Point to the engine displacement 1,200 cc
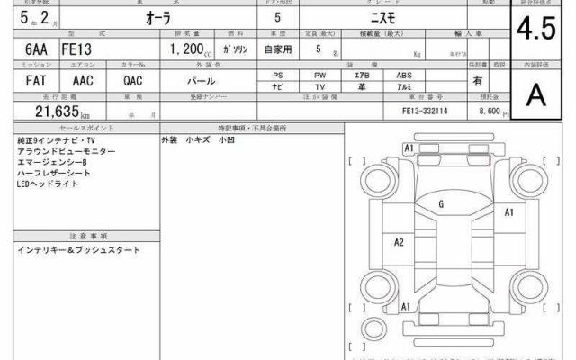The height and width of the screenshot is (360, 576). coord(186,51)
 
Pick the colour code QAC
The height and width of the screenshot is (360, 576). coord(132,81)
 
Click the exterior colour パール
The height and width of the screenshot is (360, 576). coord(211,81)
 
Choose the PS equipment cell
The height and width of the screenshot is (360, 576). coord(279,75)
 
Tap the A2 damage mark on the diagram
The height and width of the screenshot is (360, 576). coord(399,241)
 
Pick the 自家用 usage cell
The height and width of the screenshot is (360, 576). coord(275,51)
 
